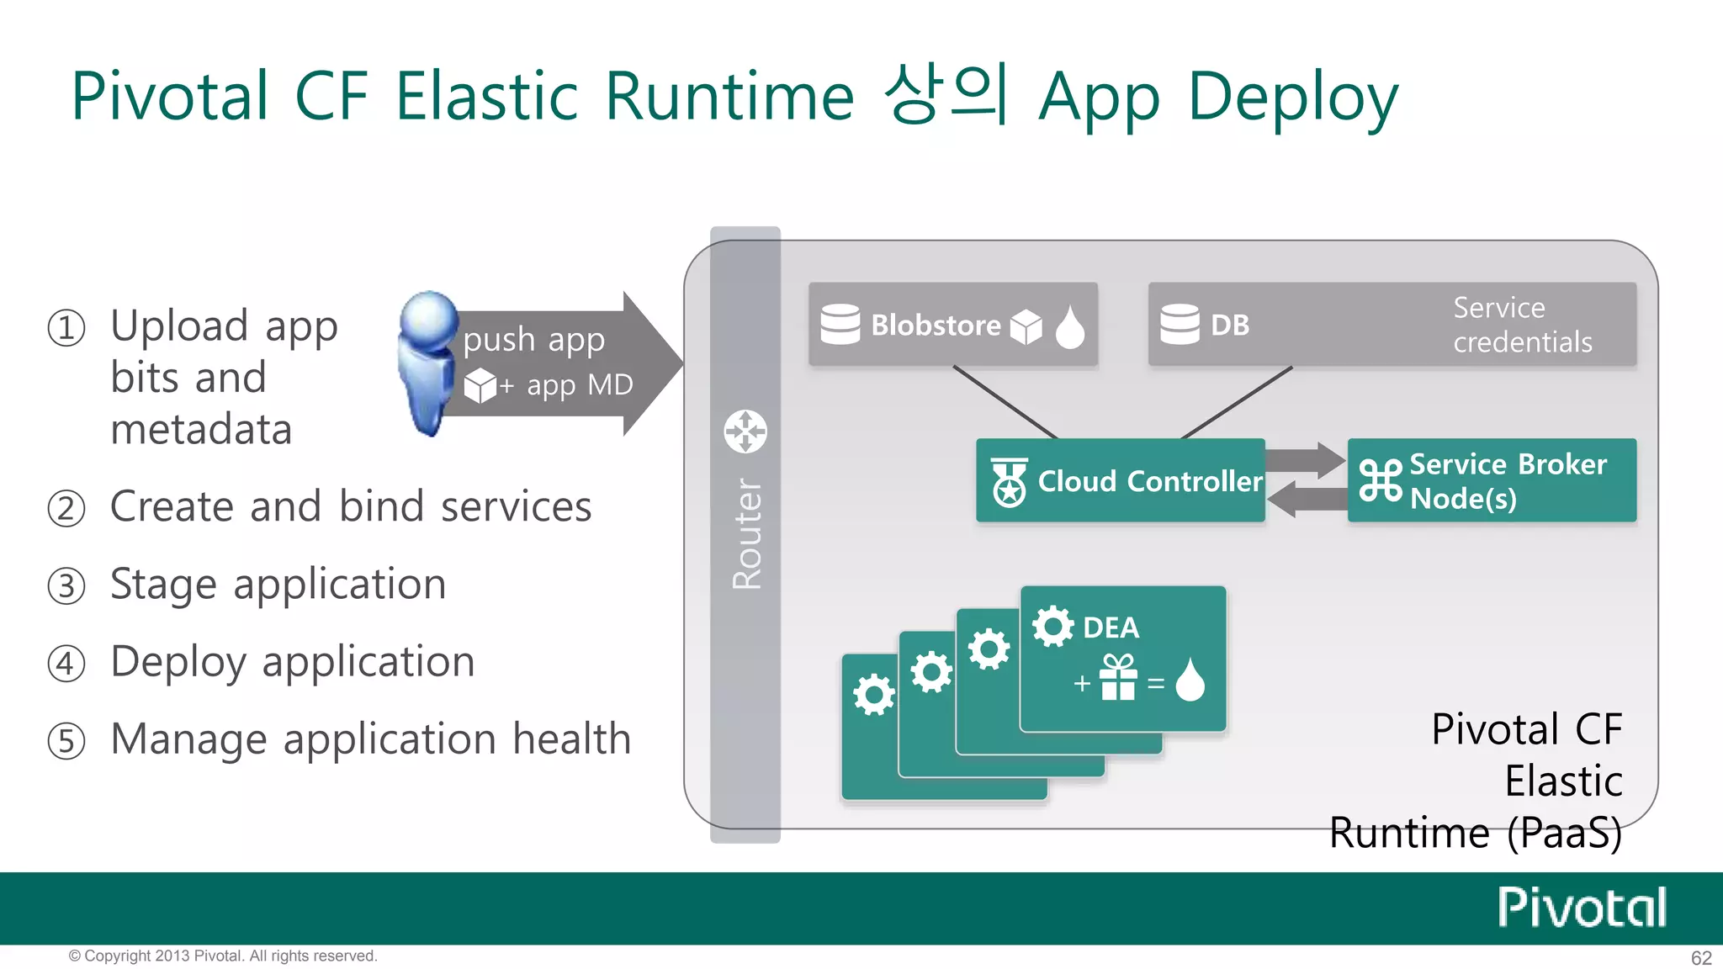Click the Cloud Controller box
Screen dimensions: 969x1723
1121,480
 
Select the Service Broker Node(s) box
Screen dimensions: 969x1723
1492,480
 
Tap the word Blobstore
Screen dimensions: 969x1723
936,325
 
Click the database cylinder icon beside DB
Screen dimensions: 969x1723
1180,324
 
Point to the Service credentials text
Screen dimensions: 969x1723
1522,325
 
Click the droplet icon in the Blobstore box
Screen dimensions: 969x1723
1069,326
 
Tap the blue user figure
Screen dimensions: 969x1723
428,362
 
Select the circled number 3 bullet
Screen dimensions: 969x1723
66,586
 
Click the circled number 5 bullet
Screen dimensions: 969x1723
66,741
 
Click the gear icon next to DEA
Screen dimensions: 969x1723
1052,627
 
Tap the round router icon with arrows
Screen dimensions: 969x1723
745,432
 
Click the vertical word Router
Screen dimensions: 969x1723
746,533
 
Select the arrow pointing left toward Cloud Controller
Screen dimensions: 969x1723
1307,500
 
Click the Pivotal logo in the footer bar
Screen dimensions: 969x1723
1582,908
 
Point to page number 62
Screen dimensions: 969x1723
1701,958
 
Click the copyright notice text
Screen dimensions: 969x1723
223,956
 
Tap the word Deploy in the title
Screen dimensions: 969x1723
1293,98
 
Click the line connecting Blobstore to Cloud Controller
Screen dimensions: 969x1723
1005,402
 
